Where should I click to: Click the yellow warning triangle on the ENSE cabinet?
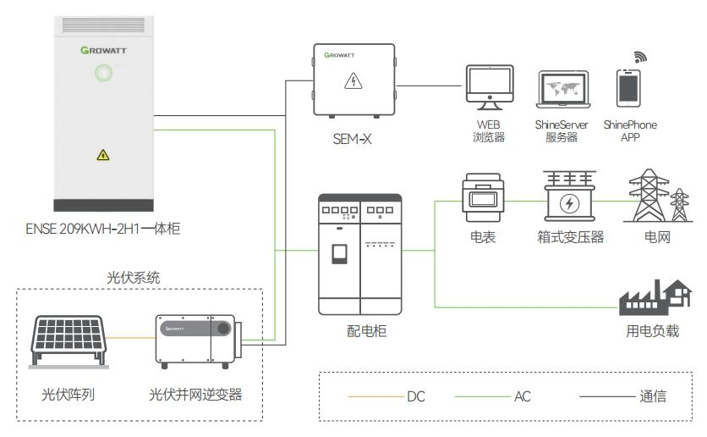pyautogui.click(x=103, y=154)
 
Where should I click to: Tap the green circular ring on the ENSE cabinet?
pyautogui.click(x=103, y=74)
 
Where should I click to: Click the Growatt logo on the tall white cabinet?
pyautogui.click(x=103, y=50)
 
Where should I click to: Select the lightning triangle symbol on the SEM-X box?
pyautogui.click(x=353, y=81)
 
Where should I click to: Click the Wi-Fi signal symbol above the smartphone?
pyautogui.click(x=640, y=57)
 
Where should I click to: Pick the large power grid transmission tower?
pyautogui.click(x=646, y=196)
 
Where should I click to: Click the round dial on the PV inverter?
pyautogui.click(x=223, y=328)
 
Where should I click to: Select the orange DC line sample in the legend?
pyautogui.click(x=375, y=396)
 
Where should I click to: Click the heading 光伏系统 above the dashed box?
pyautogui.click(x=133, y=277)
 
